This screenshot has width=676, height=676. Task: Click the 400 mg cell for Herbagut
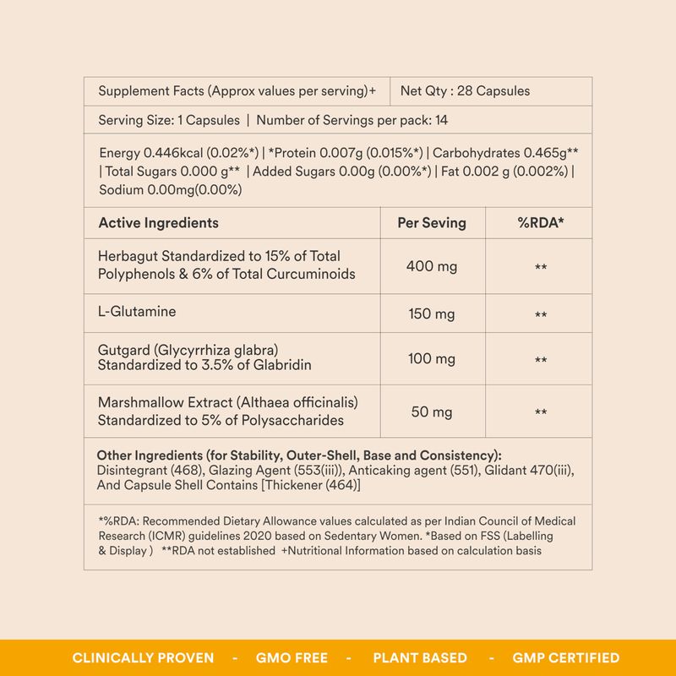tap(431, 266)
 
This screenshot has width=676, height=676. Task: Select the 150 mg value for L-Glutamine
tap(431, 314)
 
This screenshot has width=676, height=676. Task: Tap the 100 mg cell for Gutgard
tap(431, 359)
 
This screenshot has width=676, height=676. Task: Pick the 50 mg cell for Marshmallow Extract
tap(431, 412)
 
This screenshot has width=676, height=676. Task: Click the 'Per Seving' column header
tap(432, 223)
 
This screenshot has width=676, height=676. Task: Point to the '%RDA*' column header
tap(541, 223)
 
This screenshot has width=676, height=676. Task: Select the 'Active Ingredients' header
tap(159, 223)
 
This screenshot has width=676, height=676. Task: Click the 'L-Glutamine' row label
tap(137, 312)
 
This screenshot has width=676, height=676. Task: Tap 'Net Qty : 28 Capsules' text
tap(465, 90)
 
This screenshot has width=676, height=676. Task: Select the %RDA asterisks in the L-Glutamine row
tap(541, 315)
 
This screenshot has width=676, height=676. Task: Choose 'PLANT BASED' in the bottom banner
tap(420, 657)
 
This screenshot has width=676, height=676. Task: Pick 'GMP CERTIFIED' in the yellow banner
tap(565, 657)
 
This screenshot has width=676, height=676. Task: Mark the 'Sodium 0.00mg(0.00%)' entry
tap(171, 190)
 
